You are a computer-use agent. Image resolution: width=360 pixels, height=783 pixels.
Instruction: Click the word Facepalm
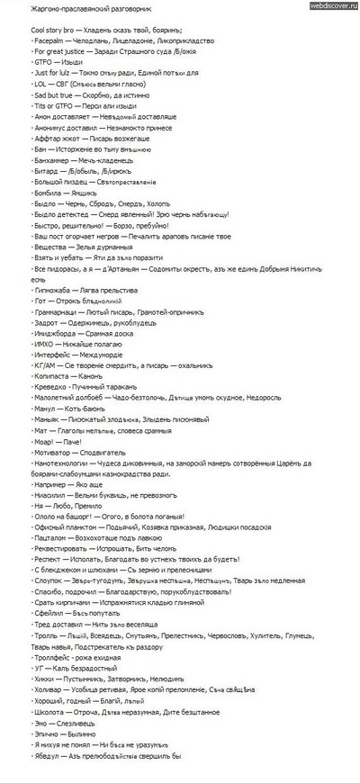tap(46, 40)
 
